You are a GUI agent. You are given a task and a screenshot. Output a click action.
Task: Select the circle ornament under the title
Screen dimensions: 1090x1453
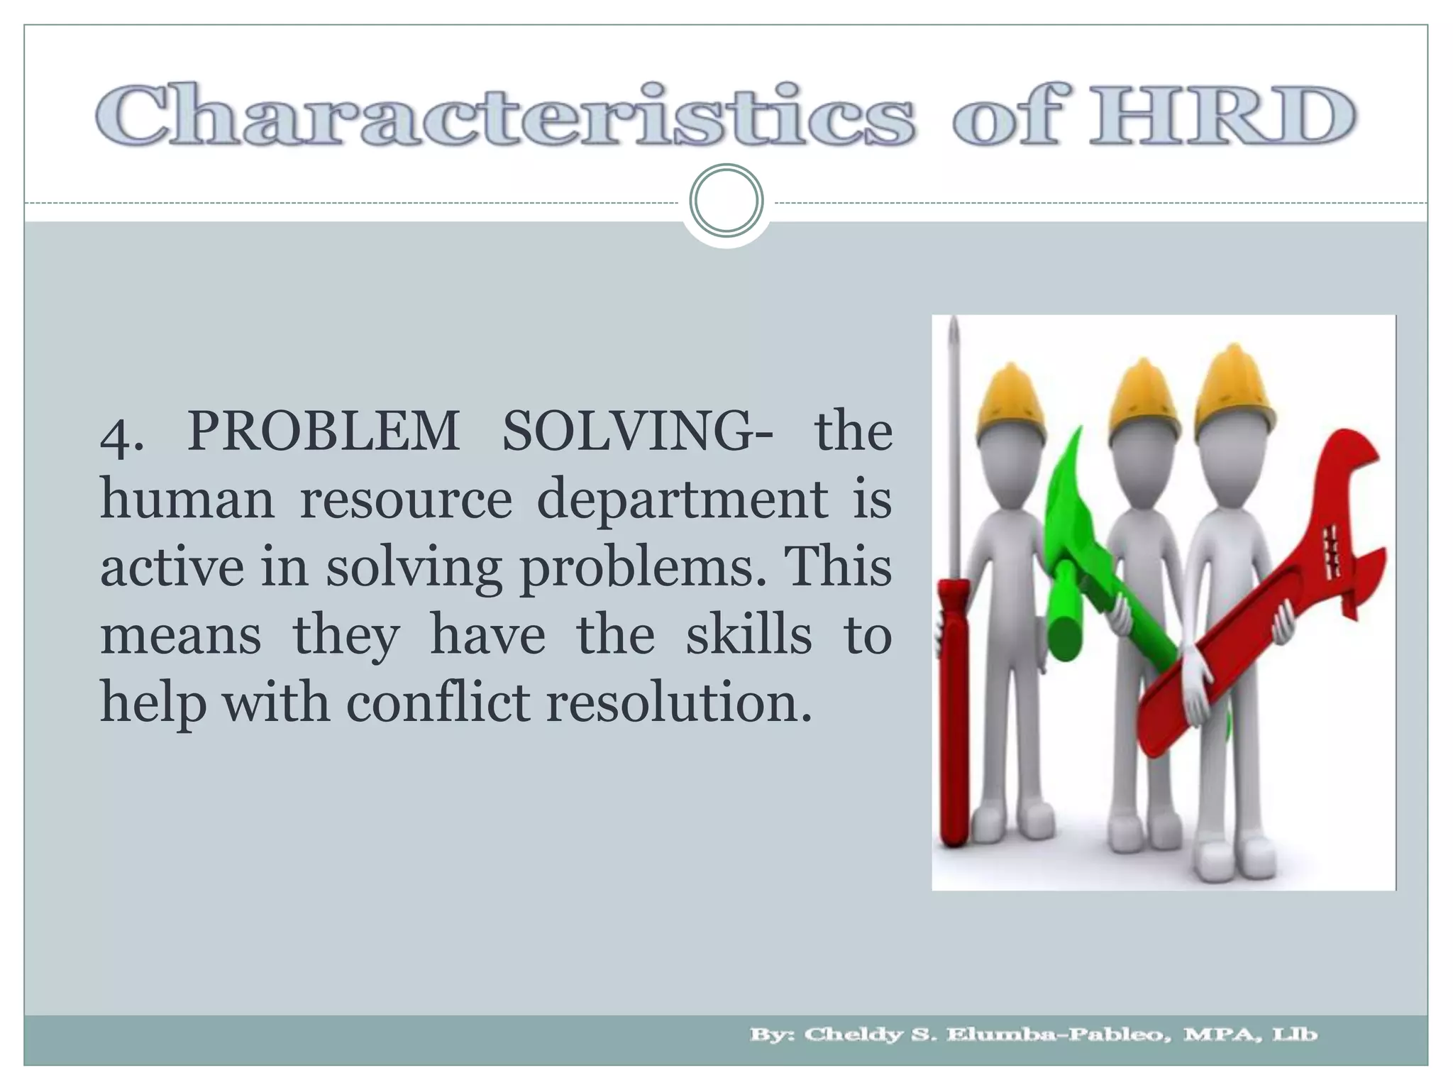[726, 200]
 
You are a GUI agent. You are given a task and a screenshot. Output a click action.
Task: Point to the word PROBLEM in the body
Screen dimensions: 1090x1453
[324, 431]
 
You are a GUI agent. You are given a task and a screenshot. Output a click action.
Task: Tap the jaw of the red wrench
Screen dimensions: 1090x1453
[1348, 497]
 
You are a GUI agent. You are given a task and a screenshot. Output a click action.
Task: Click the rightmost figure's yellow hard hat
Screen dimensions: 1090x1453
[1232, 387]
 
